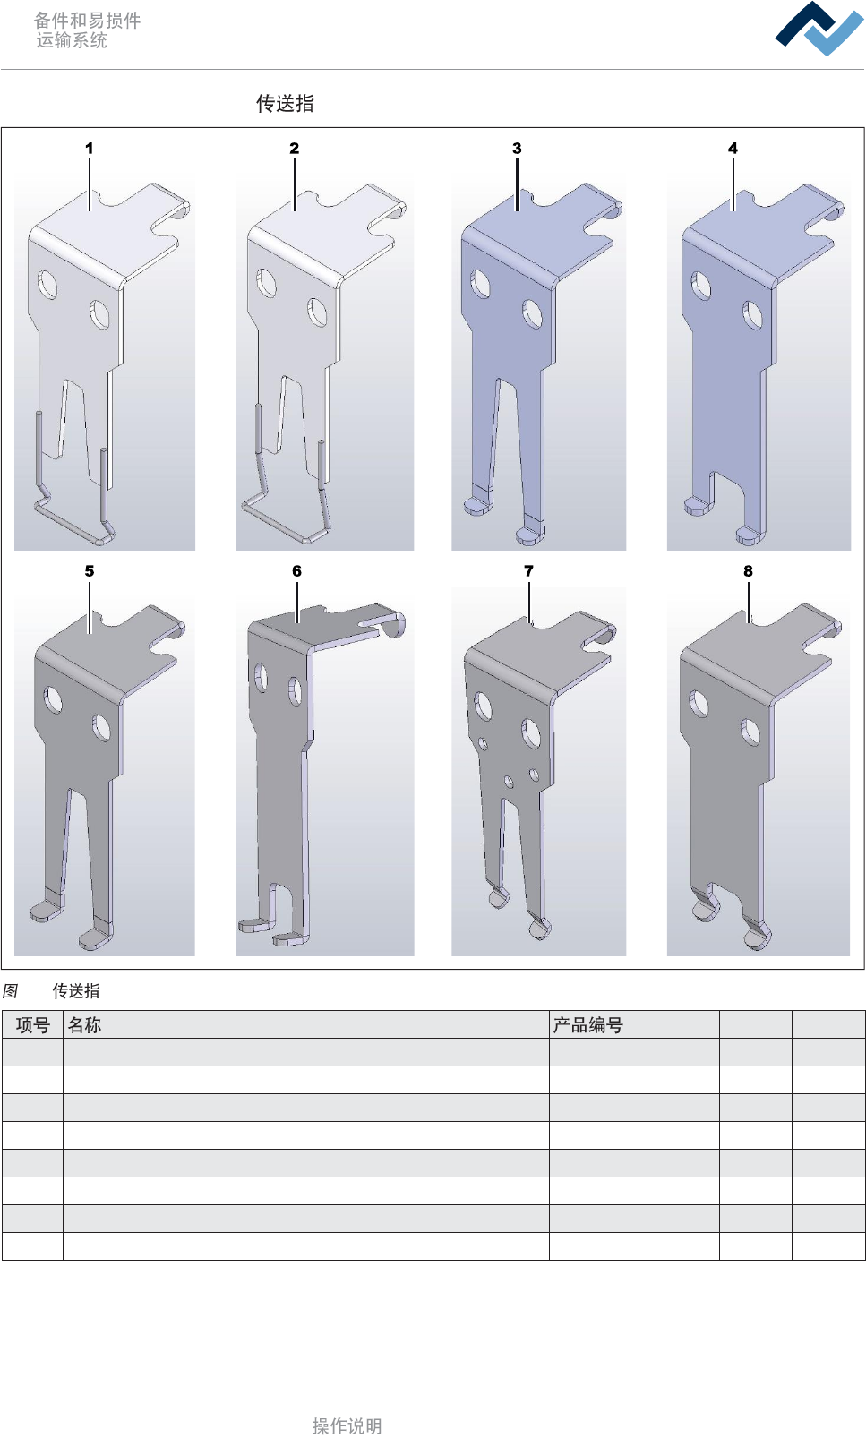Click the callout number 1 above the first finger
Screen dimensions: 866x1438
[90, 149]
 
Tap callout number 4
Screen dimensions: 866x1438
[733, 149]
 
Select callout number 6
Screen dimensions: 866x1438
[296, 570]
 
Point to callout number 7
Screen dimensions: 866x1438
[528, 570]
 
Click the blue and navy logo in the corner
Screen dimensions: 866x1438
[819, 29]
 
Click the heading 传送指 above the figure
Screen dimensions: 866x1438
[285, 103]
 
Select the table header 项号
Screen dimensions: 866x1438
[33, 1025]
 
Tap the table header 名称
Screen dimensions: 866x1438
[84, 1025]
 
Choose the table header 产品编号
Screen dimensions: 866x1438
[588, 1025]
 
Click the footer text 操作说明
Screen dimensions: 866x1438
[347, 1426]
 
